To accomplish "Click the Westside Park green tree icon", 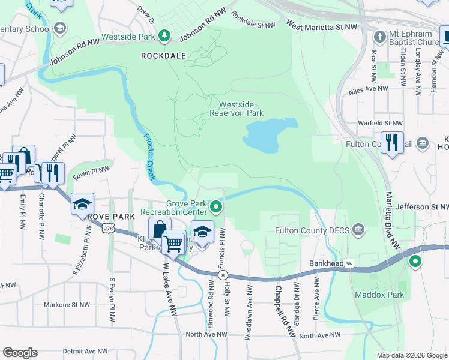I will (164, 37).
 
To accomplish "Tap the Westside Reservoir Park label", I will (237, 108).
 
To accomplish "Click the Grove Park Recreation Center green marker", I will (217, 208).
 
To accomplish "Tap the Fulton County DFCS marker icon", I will (358, 229).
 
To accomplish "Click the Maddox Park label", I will (379, 294).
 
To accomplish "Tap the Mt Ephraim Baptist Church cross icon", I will (379, 37).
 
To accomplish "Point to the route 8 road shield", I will (223, 275).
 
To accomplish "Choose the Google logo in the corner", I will (20, 353).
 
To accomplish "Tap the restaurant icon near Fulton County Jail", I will (391, 142).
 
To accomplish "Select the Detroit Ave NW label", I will (85, 351).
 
